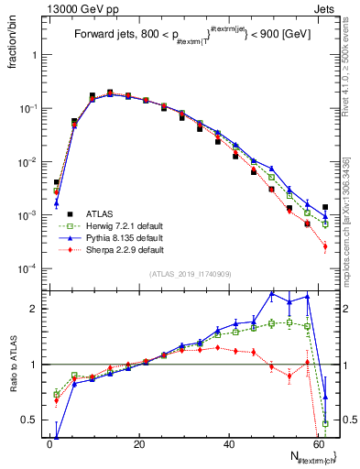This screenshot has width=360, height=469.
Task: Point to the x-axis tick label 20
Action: (138, 445)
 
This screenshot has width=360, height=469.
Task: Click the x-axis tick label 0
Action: (49, 445)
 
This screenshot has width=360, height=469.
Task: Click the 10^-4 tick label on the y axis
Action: (28, 268)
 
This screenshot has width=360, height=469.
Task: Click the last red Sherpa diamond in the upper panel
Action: (325, 246)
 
